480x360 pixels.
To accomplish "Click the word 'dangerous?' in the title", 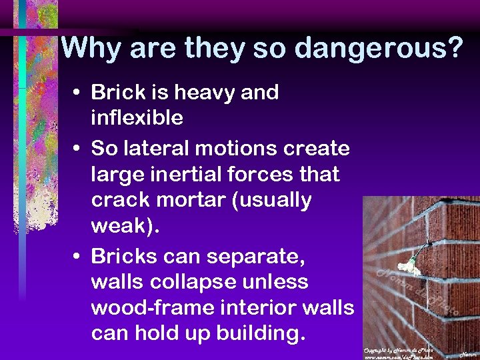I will [x=378, y=48].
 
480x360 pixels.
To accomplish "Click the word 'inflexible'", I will [x=137, y=118].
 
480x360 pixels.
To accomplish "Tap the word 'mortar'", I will [x=187, y=200].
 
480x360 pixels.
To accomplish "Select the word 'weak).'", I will [x=125, y=227].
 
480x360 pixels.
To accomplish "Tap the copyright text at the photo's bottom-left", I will [x=398, y=353].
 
